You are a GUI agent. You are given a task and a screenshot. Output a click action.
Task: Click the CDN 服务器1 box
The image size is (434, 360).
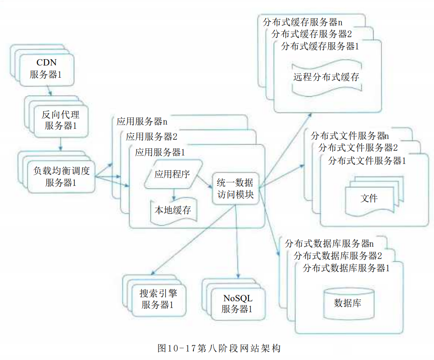46,69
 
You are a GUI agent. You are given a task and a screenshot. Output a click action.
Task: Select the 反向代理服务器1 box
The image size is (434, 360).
61,121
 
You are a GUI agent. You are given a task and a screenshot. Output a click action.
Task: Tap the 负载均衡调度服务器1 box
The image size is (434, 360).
61,177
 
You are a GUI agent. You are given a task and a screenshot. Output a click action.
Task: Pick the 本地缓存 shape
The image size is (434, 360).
174,211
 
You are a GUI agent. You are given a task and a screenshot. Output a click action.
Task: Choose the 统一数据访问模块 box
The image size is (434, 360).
235,189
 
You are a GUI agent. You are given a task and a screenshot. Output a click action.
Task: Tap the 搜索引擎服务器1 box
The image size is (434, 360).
158,300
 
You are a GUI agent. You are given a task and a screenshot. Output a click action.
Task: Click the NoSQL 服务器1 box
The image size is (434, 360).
238,304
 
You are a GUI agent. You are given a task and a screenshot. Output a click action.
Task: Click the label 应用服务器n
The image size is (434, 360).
142,121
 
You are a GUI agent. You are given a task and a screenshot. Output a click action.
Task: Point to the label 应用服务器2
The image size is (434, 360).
151,137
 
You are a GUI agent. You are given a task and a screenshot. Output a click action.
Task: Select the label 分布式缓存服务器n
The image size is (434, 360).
303,22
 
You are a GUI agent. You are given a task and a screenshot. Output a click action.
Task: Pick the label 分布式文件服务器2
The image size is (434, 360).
358,147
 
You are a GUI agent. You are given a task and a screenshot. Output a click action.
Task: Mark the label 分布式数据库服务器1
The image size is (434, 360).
346,268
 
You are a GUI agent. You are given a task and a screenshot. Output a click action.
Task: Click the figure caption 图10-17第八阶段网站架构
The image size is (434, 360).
219,348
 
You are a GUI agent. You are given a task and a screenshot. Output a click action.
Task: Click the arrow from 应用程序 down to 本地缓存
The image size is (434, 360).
174,194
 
